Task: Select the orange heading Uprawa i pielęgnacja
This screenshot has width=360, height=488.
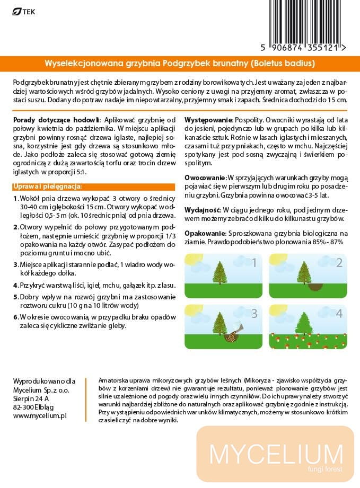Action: point(46,187)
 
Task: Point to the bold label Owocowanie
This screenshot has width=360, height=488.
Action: point(205,176)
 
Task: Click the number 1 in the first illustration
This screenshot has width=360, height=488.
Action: point(254,262)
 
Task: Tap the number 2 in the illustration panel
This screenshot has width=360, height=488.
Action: point(339,263)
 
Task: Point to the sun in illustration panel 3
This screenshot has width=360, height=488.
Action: point(192,310)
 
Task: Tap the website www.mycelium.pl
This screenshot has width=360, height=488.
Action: point(39,416)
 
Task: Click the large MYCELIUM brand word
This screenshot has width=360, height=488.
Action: point(276,454)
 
